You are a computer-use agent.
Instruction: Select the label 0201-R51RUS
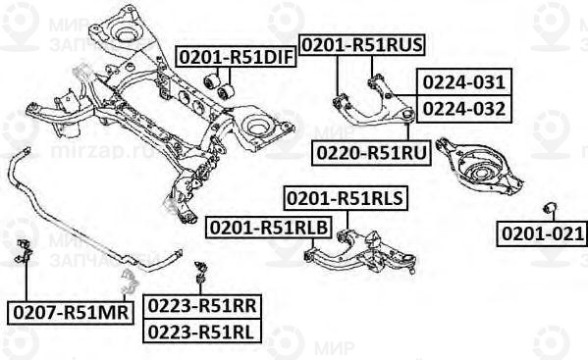pyautogui.click(x=361, y=45)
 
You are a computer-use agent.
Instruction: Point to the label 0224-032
pyautogui.click(x=464, y=108)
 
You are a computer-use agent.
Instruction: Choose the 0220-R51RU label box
pyautogui.click(x=371, y=153)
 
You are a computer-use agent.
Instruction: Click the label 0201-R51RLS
pyautogui.click(x=345, y=200)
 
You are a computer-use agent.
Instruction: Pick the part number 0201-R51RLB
pyautogui.click(x=267, y=229)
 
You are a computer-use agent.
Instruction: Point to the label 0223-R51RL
pyautogui.click(x=202, y=332)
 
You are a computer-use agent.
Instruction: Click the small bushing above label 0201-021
pyautogui.click(x=551, y=208)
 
